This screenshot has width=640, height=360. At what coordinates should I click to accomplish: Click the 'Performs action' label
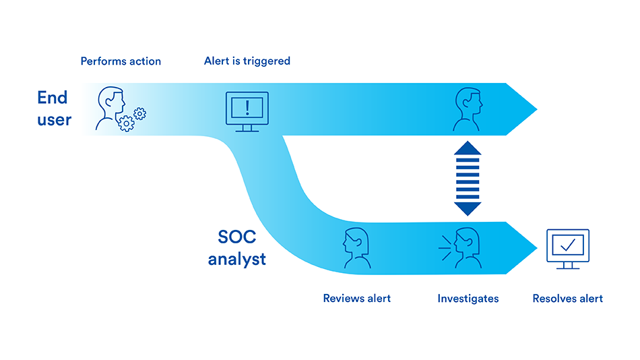(x=121, y=61)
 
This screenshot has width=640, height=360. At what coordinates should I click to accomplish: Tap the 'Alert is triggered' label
(x=247, y=61)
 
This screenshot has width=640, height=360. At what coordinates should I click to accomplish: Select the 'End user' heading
(x=54, y=109)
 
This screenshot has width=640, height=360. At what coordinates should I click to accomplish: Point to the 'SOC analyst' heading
(x=236, y=247)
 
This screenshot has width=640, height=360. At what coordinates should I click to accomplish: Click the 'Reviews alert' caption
(x=357, y=298)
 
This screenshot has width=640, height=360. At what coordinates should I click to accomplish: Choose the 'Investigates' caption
(x=468, y=299)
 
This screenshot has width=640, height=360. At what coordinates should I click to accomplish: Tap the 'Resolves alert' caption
(x=567, y=298)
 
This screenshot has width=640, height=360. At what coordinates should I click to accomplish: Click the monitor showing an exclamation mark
(x=247, y=111)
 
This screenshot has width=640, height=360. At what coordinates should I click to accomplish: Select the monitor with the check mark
(x=568, y=249)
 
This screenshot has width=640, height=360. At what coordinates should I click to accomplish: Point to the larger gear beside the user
(x=126, y=123)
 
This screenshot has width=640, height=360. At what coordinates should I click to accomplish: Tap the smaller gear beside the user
(x=140, y=114)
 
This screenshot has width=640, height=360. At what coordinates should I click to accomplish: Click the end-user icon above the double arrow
(x=468, y=109)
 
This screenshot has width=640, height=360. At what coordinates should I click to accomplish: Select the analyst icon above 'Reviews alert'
(x=357, y=248)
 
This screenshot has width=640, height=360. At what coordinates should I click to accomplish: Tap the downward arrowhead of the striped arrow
(x=468, y=208)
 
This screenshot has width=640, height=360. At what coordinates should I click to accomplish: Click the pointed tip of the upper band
(x=537, y=109)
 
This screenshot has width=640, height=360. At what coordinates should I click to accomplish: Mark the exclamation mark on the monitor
(x=247, y=108)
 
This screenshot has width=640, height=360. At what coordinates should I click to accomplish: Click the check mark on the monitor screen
(x=568, y=245)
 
